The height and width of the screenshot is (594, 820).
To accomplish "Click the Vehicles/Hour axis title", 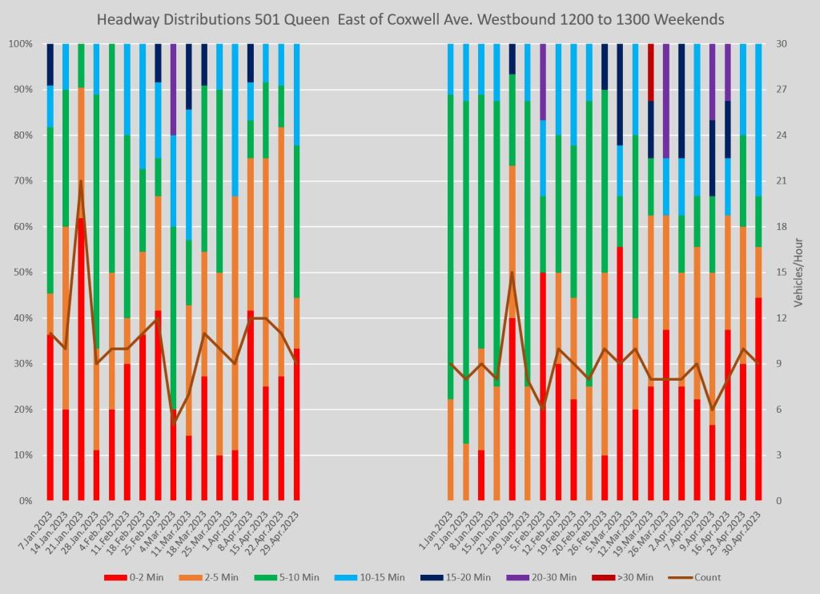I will tap(798, 273).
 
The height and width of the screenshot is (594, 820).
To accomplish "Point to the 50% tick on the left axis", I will tap(20, 273).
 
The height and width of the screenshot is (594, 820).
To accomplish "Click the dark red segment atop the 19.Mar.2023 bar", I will tap(651, 72).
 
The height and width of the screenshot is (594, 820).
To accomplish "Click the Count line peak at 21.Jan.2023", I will tap(81, 181).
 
